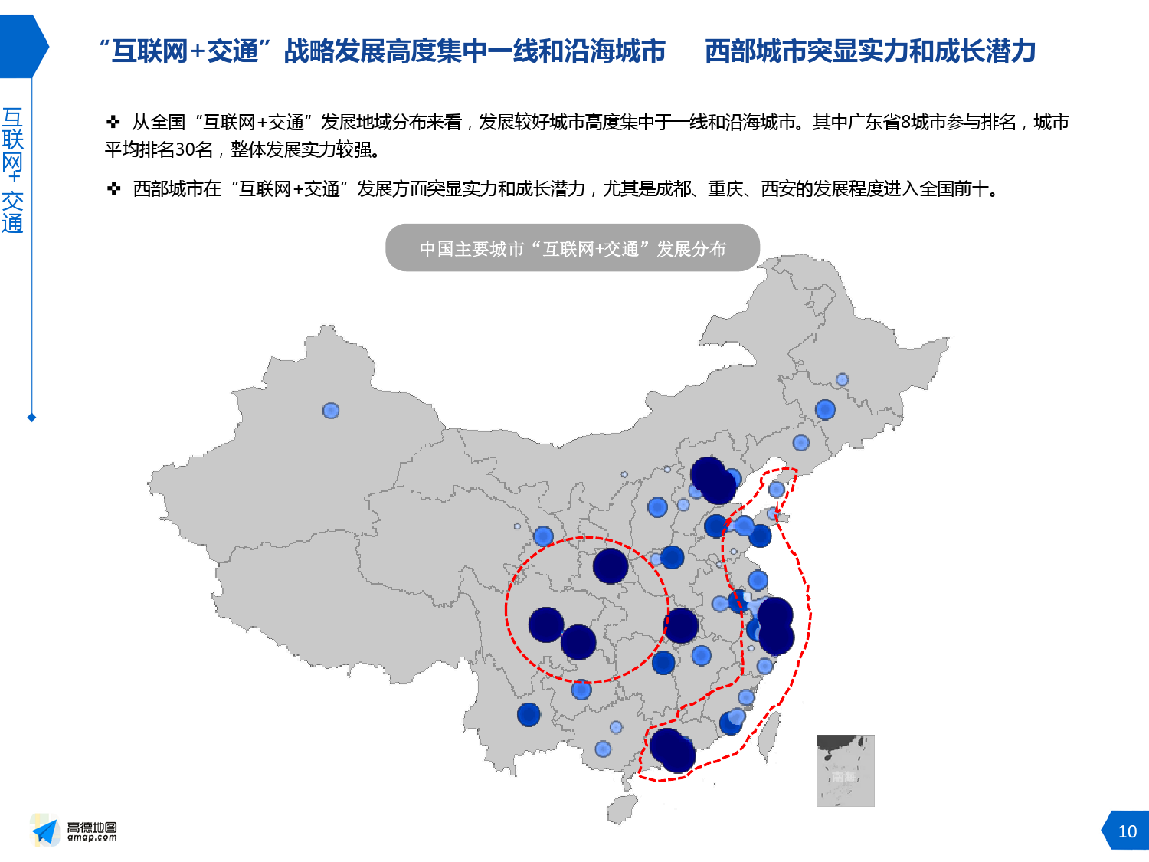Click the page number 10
pyautogui.click(x=1127, y=831)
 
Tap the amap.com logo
pyautogui.click(x=74, y=831)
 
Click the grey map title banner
pyautogui.click(x=572, y=248)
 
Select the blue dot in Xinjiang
pyautogui.click(x=331, y=411)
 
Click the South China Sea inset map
pyautogui.click(x=845, y=770)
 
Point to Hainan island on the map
pyautogui.click(x=622, y=808)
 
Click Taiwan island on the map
pyautogui.click(x=769, y=736)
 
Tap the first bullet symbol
pyautogui.click(x=113, y=122)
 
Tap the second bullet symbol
pyautogui.click(x=113, y=188)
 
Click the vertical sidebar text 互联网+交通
pyautogui.click(x=13, y=170)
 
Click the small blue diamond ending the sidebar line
pyautogui.click(x=31, y=418)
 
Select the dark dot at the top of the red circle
pyautogui.click(x=611, y=566)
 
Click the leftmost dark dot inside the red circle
pyautogui.click(x=546, y=624)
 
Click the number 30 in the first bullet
pyautogui.click(x=185, y=149)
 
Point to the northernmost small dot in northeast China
pyautogui.click(x=842, y=379)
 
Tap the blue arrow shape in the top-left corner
pyautogui.click(x=23, y=46)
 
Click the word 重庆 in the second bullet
pyautogui.click(x=725, y=189)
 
